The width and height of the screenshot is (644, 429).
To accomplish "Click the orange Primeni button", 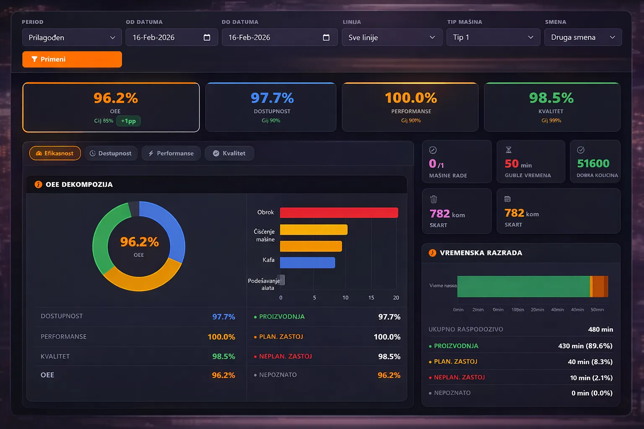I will pos(72,59).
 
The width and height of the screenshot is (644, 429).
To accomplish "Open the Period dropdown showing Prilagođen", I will pos(72,37).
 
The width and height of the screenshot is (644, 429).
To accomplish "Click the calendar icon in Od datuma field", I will pos(207,37).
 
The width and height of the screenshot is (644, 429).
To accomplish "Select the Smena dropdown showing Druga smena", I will pos(583,37).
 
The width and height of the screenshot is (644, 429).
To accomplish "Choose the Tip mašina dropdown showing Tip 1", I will pos(493,37).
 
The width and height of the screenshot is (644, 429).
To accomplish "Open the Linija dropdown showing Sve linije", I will pos(392,37).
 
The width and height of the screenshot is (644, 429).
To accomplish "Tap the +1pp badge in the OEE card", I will pos(128,121).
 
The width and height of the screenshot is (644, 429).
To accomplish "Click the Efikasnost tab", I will pos(55,153).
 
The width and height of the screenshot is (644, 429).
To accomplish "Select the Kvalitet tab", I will pos(229,153).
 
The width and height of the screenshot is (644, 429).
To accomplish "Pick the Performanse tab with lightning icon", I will pos(171,153).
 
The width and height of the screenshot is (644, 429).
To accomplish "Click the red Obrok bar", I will pos(339,213).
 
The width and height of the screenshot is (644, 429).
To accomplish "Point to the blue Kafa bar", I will pos(307,263).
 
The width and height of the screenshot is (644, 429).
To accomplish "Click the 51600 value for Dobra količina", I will pos(593,163).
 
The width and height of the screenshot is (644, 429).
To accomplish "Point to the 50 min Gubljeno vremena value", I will pos(518,164).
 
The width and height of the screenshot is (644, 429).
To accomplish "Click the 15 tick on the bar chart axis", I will pos(371,298).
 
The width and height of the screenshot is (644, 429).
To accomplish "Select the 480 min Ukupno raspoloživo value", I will pos(600,329).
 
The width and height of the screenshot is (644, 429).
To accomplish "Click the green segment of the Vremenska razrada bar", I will pos(523,287).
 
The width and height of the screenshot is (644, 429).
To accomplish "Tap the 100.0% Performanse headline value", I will pos(411,98).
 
